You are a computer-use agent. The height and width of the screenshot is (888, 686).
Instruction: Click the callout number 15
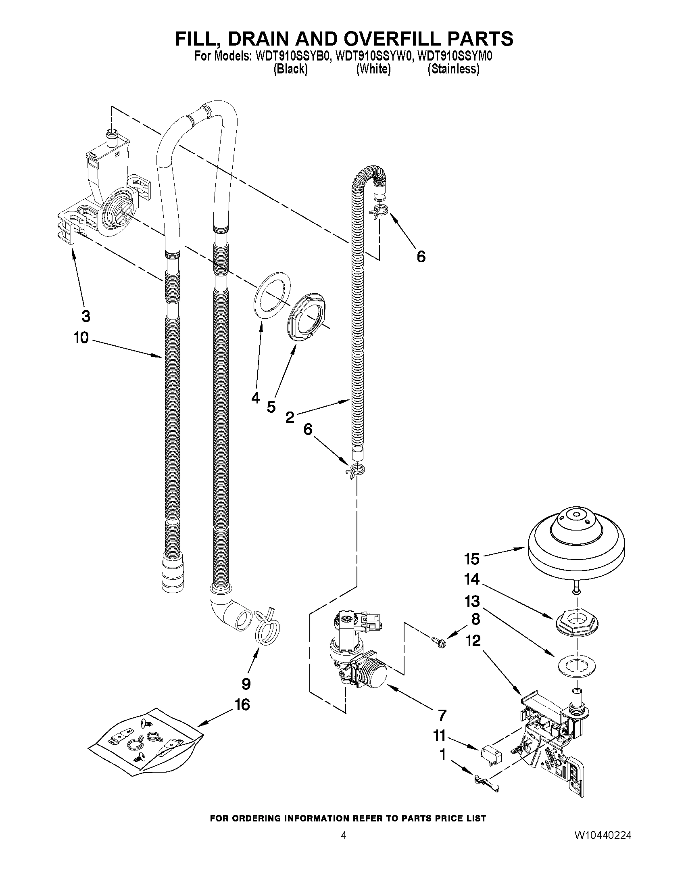tap(472, 559)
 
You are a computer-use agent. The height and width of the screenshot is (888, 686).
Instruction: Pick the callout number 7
tap(442, 715)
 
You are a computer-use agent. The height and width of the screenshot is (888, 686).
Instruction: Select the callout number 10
tap(81, 337)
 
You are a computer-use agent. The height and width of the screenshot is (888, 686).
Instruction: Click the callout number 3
tap(86, 316)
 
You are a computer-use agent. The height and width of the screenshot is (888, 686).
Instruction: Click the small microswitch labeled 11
tap(491, 756)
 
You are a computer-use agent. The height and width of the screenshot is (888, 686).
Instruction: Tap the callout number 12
tap(473, 641)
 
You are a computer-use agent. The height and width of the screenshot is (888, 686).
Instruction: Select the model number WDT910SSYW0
tap(373, 56)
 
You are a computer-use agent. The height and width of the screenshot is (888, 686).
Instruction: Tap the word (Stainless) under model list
tap(453, 69)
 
